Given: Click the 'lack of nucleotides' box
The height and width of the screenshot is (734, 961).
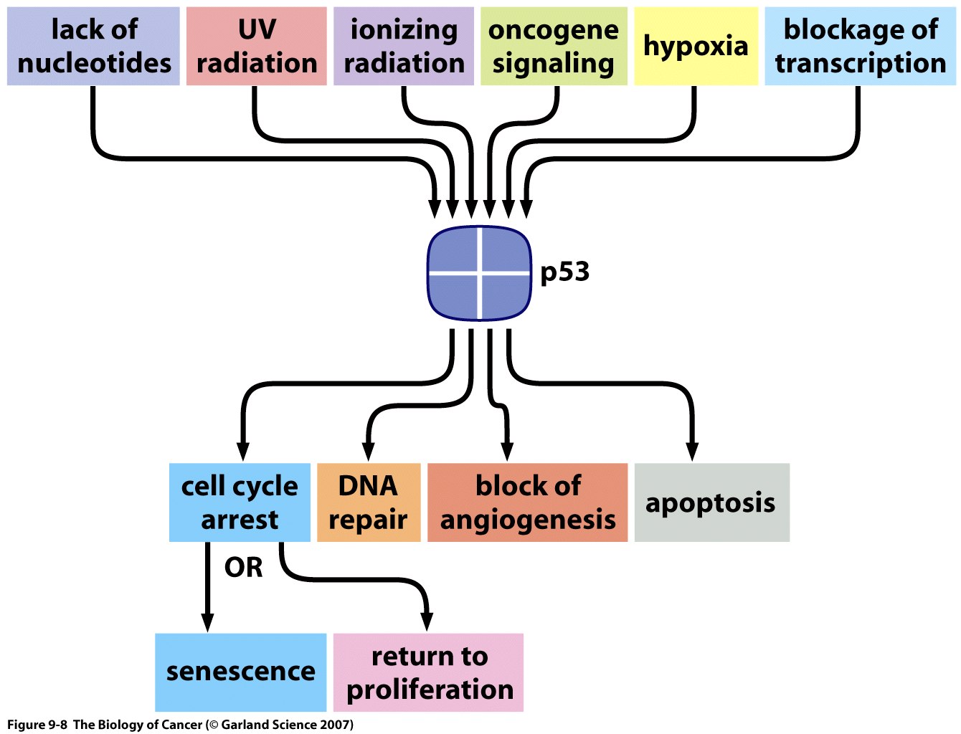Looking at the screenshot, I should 93,47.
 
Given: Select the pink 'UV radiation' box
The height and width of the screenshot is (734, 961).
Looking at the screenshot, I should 256,47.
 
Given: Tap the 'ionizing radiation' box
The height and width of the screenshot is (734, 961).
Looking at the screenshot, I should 404,47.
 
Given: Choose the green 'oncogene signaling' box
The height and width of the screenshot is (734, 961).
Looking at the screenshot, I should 554,47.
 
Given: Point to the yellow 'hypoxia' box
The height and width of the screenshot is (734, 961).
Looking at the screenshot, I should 696,47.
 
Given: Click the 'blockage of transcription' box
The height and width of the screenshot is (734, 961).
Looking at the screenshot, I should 860,47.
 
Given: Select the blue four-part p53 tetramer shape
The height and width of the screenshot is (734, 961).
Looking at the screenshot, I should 479,273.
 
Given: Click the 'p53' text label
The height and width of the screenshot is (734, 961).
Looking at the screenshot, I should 565,272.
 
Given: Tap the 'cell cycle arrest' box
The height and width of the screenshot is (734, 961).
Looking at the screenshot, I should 240,502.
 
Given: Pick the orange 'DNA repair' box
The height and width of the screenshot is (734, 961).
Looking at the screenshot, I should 369,502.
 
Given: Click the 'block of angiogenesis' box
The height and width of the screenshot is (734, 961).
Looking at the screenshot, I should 527,502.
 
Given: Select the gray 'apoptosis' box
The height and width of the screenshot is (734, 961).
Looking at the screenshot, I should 711,502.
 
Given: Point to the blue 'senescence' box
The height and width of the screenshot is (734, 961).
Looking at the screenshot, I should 240,672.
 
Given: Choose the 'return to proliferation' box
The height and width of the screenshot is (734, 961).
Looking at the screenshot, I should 429,672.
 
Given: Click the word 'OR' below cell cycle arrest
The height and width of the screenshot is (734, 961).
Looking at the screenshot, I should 244,568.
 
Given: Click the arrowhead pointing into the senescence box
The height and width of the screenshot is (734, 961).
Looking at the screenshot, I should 208,622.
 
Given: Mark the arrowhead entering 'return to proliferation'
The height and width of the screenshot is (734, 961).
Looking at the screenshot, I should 427,621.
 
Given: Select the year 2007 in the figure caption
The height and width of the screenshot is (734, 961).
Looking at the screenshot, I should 335,725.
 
